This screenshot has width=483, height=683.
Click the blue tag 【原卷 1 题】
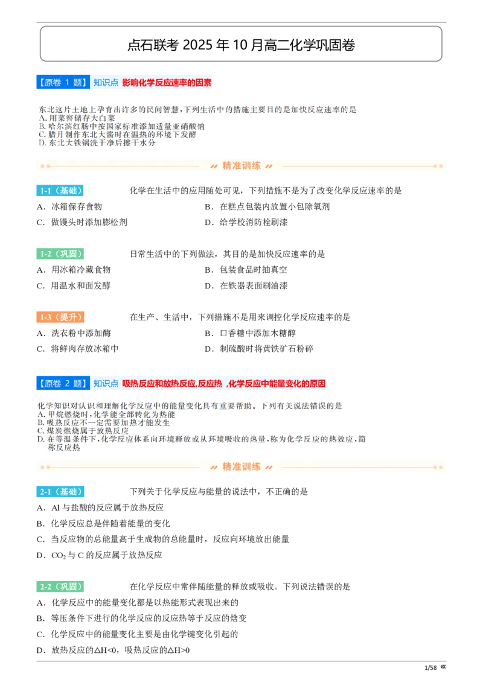[x=62, y=83]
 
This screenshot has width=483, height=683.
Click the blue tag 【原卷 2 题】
[x=62, y=383]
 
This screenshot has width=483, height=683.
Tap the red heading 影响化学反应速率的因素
[x=167, y=83]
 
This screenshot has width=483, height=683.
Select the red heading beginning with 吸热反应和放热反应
[x=224, y=383]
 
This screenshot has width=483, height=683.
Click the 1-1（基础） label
[x=59, y=191]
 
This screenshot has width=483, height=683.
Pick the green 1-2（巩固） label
[x=59, y=254]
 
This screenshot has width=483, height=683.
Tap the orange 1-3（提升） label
[x=59, y=317]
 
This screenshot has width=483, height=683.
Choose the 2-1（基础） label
[x=59, y=492]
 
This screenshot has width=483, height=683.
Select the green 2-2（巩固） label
[x=59, y=586]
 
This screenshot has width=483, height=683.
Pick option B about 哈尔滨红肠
[x=121, y=127]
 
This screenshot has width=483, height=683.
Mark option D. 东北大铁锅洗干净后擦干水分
[x=97, y=144]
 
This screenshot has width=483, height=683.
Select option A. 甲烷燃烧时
[x=106, y=415]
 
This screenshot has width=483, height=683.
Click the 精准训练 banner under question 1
[x=241, y=165]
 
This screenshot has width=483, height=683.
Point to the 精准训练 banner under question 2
[x=241, y=466]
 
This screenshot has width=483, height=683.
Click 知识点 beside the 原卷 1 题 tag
[x=106, y=83]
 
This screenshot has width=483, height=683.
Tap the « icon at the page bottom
[x=443, y=666]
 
